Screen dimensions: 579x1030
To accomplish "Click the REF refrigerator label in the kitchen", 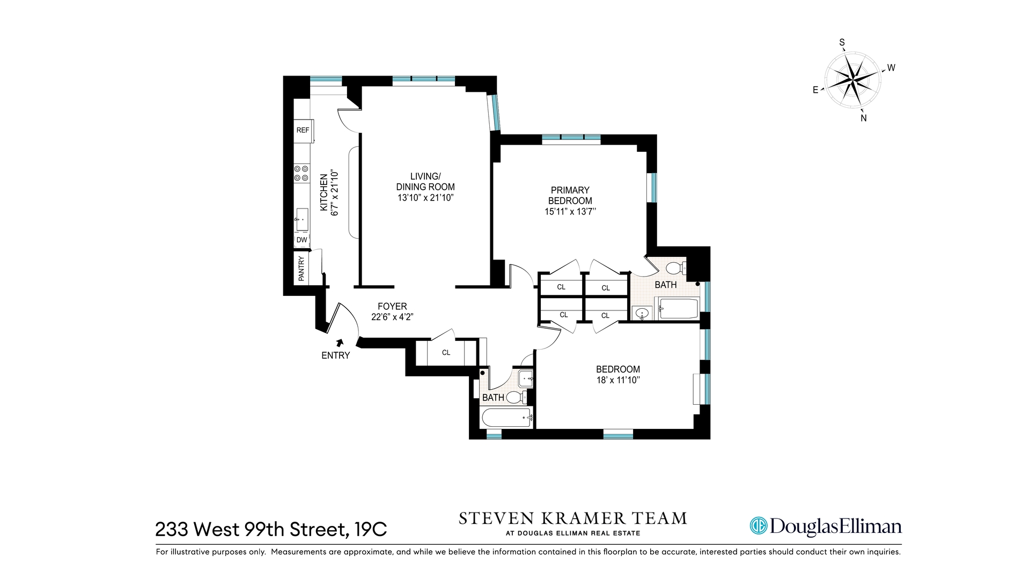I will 303,130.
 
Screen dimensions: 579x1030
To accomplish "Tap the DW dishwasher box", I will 302,240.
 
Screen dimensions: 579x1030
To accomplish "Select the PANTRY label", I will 301,268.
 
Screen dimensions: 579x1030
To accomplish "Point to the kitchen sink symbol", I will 302,219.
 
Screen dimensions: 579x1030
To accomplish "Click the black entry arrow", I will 339,343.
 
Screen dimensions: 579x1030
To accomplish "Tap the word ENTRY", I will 335,355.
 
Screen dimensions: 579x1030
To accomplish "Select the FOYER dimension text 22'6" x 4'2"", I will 392,317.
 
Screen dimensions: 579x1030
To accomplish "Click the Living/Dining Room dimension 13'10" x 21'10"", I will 425,198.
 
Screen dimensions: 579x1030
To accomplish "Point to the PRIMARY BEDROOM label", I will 570,195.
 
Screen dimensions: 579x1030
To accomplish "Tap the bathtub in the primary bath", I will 679,309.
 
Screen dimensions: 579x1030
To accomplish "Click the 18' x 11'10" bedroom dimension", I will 618,380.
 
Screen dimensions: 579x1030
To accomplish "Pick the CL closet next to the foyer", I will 446,352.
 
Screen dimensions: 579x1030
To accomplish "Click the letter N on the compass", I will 864,118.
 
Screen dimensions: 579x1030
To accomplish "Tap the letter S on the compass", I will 842,43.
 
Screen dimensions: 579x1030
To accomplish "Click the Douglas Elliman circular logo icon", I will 759,525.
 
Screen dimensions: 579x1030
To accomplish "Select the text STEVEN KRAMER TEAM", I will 572,518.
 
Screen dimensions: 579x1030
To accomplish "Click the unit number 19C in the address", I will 371,529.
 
